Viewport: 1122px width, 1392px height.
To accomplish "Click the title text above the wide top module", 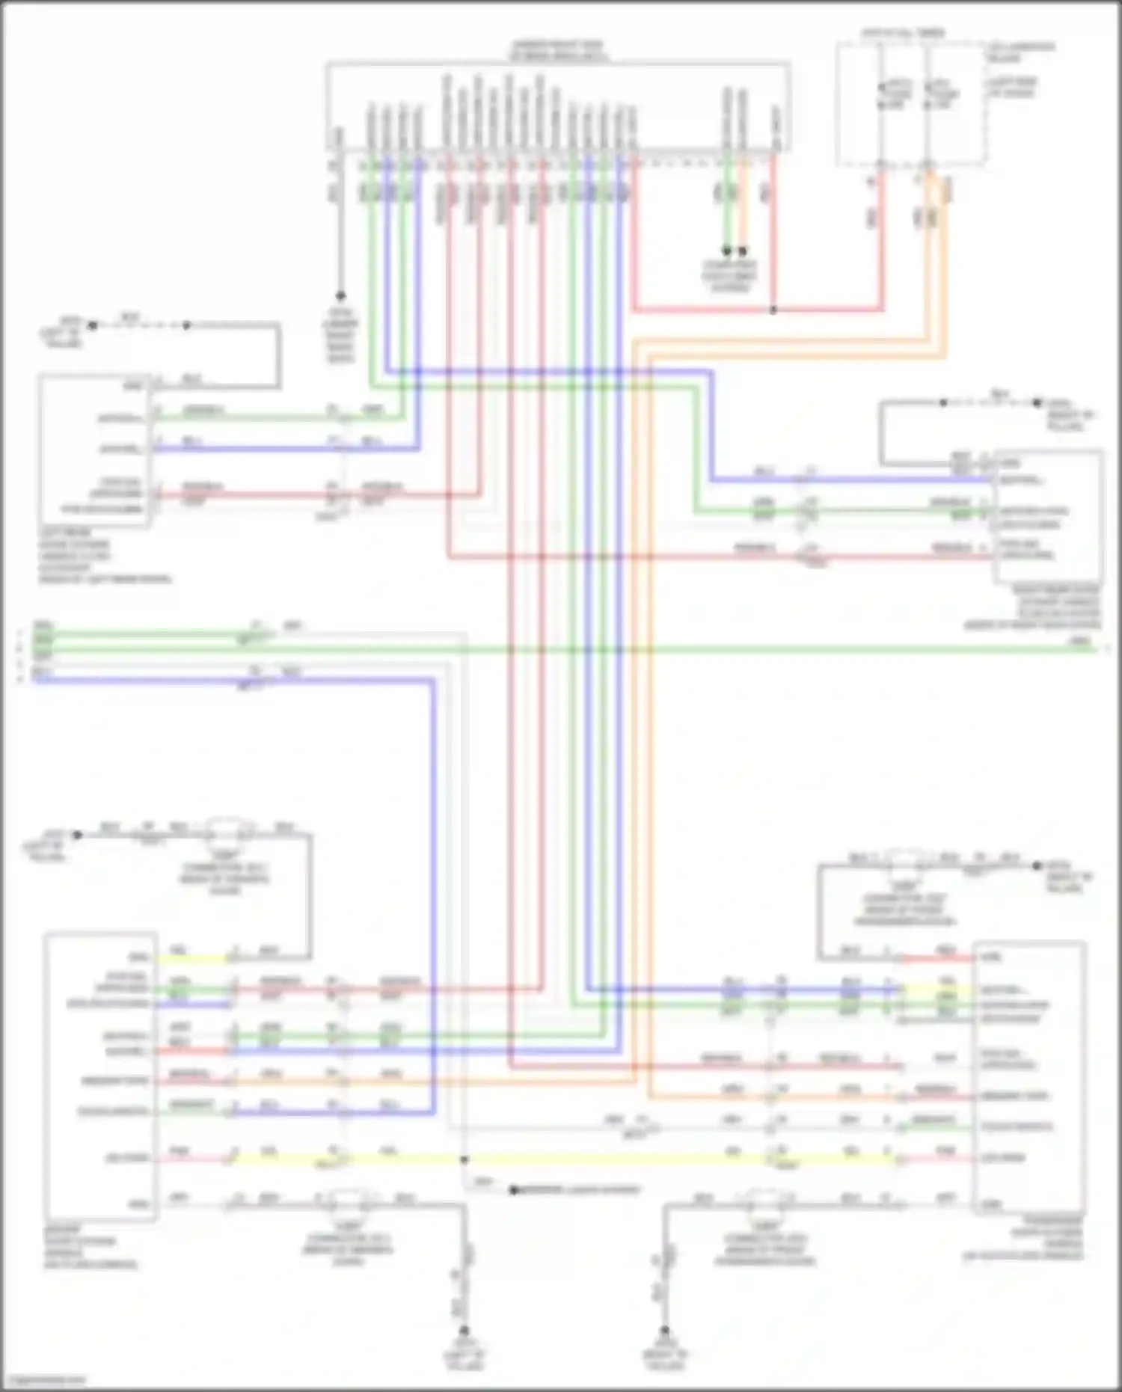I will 558,51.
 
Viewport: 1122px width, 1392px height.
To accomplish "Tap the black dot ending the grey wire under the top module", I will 340,296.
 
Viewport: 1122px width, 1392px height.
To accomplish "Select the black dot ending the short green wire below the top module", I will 726,251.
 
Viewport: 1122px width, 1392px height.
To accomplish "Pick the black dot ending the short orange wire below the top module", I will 743,251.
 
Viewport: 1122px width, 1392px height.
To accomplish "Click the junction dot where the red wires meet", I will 773,310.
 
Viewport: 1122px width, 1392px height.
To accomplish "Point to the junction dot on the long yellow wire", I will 464,1159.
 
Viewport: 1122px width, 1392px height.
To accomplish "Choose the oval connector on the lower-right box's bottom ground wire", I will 764,1198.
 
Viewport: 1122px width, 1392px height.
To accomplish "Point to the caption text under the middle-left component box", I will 105,556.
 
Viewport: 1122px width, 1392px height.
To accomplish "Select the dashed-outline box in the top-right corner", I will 911,103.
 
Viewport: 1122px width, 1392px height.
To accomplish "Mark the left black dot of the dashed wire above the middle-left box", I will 93,325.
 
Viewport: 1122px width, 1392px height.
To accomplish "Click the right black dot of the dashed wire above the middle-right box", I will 1037,402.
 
